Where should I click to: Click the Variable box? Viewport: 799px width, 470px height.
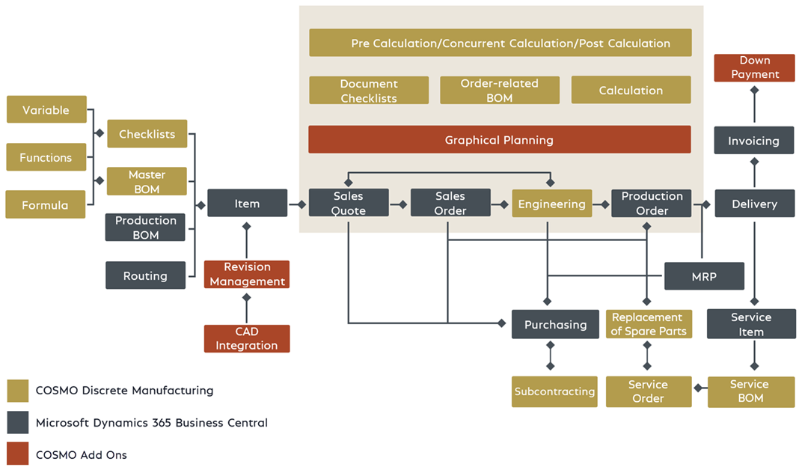46,110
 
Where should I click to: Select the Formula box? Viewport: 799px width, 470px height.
45,205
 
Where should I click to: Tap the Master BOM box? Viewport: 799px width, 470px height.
147,182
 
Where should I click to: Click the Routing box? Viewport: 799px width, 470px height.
145,276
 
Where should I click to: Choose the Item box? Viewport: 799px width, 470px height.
247,204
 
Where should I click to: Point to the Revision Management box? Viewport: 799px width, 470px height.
247,275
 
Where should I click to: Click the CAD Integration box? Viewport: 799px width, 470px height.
247,338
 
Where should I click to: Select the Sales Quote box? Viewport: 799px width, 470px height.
349,204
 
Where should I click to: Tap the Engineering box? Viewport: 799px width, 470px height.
551,204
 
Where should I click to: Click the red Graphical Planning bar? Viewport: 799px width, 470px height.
499,140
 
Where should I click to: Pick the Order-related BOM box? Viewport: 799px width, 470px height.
499,91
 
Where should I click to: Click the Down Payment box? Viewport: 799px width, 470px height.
754,67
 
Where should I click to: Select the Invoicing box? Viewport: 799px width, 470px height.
753,141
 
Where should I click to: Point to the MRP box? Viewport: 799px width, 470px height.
704,276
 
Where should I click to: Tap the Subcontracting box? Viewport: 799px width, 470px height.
554,391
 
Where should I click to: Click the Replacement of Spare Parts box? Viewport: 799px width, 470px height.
647,324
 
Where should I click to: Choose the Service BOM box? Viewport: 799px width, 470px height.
750,391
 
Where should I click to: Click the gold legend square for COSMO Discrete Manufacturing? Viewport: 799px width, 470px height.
17,391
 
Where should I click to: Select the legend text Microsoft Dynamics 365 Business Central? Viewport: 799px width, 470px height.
151,423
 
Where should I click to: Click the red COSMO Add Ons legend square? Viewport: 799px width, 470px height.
17,454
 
